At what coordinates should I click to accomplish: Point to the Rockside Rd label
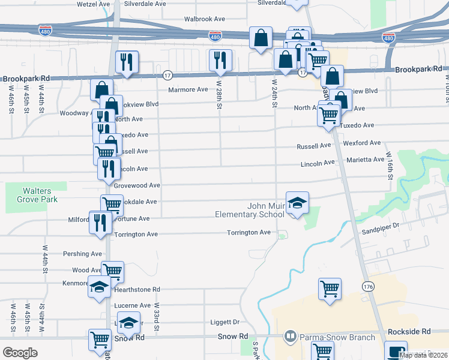pyautogui.click(x=410, y=331)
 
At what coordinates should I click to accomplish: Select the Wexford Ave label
pyautogui.click(x=362, y=143)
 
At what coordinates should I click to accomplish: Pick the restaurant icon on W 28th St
pyautogui.click(x=220, y=60)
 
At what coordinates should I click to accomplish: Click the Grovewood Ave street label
pyautogui.click(x=137, y=185)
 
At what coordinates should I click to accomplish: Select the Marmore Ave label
pyautogui.click(x=188, y=89)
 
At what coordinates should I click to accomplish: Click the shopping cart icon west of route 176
pyautogui.click(x=330, y=289)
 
